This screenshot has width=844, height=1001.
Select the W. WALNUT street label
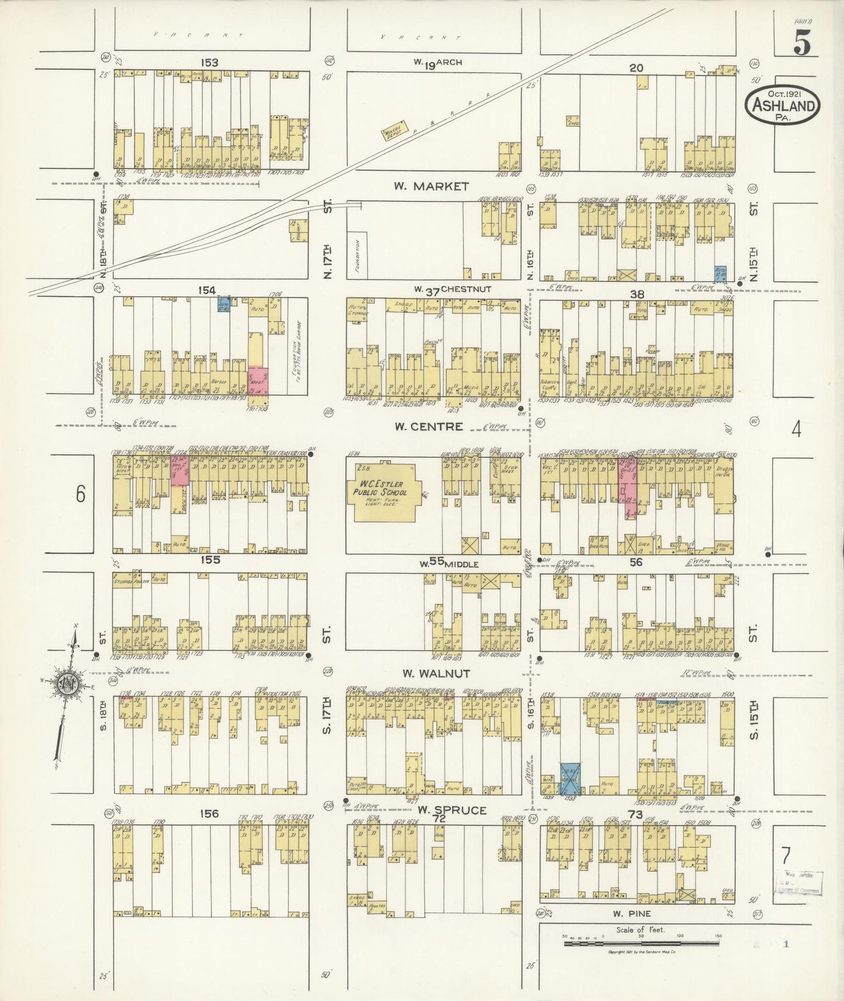(x=436, y=673)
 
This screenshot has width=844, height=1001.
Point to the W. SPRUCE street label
(x=451, y=810)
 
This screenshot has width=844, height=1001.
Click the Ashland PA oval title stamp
(x=782, y=106)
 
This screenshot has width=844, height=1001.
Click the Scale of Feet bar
(x=641, y=942)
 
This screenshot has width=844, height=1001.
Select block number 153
(x=209, y=62)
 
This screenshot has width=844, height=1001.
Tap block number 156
(x=209, y=814)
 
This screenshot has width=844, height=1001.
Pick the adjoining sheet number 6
(x=80, y=494)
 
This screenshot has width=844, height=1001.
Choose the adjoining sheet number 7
(x=786, y=856)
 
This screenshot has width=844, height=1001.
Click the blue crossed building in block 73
(x=569, y=778)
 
